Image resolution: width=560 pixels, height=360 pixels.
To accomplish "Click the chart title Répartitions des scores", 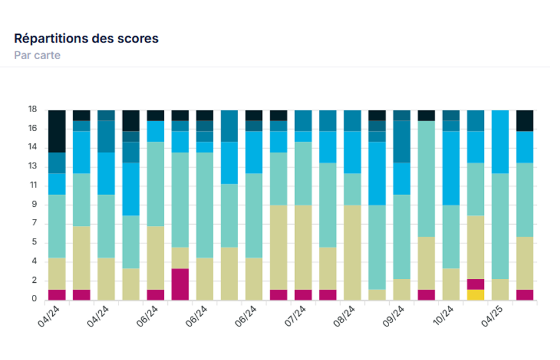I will [x=86, y=39].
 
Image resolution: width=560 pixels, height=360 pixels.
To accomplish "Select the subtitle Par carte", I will [x=37, y=56].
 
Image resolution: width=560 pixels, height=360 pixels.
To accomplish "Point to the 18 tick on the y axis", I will [x=33, y=109].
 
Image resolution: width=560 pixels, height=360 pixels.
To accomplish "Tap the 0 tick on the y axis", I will [x=35, y=300].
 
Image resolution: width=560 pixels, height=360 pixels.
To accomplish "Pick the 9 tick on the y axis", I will [x=35, y=204].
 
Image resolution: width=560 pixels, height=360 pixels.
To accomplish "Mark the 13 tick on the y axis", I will [x=33, y=167].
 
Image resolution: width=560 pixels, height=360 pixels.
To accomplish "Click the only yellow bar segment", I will [x=476, y=294].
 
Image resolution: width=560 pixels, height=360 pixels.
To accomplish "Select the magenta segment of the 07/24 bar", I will [x=303, y=294].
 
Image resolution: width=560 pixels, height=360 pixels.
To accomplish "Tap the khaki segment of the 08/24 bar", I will [x=353, y=252].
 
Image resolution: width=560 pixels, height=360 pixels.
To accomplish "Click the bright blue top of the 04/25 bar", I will [x=500, y=141].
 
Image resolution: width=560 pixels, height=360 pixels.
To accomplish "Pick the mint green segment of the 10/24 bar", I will [x=451, y=236].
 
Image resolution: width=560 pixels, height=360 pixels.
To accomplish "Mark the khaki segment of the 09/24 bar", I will [x=402, y=289].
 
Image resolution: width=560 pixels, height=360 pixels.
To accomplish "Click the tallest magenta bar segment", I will [x=180, y=284].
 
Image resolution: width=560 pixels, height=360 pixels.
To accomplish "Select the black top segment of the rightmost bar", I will [x=525, y=120].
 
